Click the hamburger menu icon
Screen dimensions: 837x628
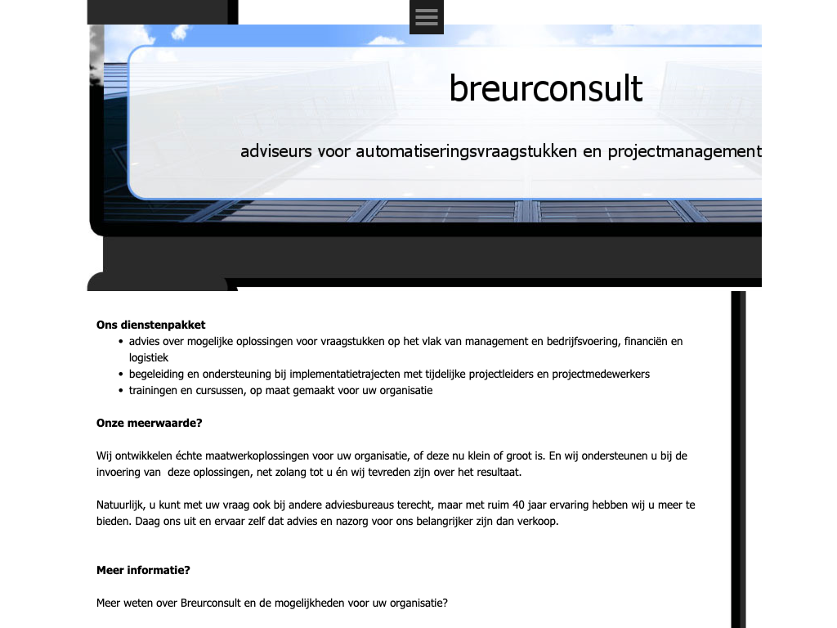pos(427,17)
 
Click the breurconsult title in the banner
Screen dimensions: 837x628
pos(545,88)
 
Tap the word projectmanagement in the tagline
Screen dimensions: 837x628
pos(684,151)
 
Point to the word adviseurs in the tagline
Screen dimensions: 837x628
pos(276,151)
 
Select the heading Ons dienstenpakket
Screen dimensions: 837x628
pos(150,325)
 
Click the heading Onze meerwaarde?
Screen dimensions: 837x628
pos(150,423)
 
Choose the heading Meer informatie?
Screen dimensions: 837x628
pos(143,570)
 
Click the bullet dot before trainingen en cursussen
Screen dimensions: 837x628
pos(121,391)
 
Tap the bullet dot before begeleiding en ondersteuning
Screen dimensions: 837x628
pos(121,375)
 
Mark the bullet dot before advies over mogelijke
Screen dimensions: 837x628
pos(121,342)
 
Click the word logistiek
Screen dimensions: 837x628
pos(149,358)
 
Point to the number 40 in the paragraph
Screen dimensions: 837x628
pos(518,505)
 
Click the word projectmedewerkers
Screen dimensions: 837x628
pos(601,375)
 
